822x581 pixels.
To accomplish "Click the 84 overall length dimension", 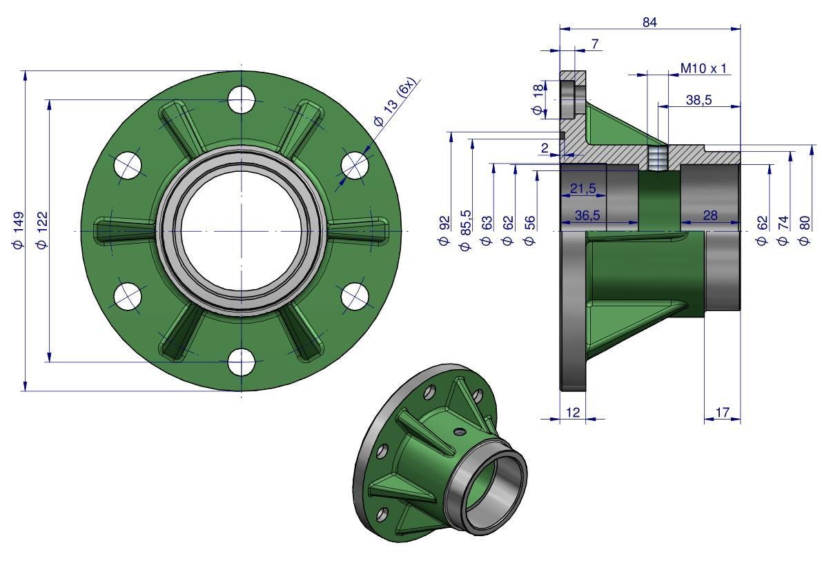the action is click(x=649, y=22).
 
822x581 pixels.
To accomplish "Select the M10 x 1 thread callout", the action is click(x=703, y=68).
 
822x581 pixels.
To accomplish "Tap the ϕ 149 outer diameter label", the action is click(x=19, y=230).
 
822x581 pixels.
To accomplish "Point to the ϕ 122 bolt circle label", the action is click(x=42, y=230).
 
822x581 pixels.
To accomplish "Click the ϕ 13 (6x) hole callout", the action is click(x=395, y=103).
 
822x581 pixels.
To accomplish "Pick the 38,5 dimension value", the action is click(x=699, y=99).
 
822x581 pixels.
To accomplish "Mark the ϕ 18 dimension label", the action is click(x=538, y=99).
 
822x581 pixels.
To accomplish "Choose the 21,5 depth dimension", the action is click(x=583, y=188).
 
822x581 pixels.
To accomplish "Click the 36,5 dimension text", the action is click(x=587, y=215).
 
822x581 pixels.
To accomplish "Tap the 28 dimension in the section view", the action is click(x=710, y=215).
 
